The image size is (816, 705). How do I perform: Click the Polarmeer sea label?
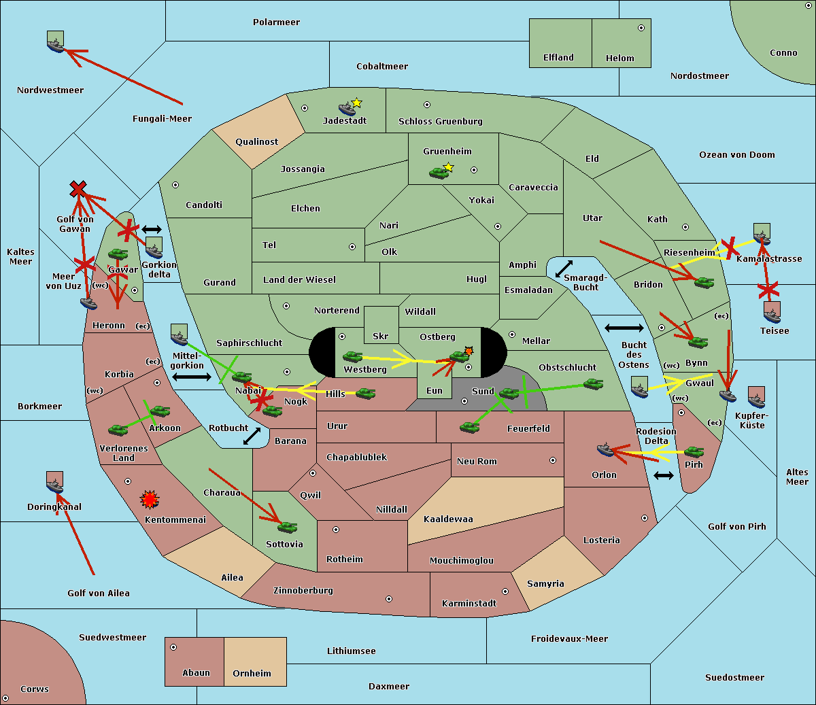276,22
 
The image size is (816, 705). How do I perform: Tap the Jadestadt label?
344,121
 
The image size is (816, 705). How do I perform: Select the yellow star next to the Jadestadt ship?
356,103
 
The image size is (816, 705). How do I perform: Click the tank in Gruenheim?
439,173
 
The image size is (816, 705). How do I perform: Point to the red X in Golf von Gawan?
78,189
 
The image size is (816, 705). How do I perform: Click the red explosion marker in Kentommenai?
149,500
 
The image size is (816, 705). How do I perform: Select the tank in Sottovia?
287,527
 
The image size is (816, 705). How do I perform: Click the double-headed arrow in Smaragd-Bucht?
564,269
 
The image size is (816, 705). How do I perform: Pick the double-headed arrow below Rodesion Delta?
664,475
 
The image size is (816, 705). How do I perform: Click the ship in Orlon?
606,449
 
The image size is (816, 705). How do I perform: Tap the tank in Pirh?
694,452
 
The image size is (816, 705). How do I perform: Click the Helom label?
619,58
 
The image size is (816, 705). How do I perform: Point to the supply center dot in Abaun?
173,647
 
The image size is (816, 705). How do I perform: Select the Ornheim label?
252,674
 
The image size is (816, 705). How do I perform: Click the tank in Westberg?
352,357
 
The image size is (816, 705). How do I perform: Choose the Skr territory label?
380,337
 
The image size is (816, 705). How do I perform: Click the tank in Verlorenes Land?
118,430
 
